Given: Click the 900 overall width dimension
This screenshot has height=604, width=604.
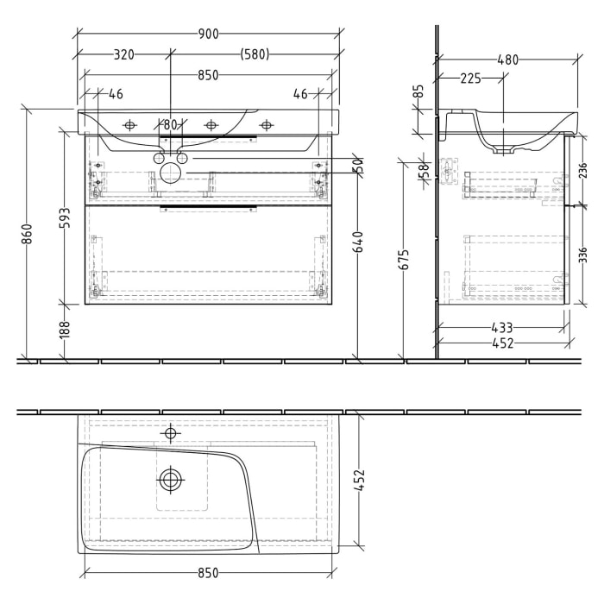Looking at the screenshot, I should [x=207, y=34].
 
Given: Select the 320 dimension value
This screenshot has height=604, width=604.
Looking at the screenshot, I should [x=123, y=54].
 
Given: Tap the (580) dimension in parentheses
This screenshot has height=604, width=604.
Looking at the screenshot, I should [x=255, y=54].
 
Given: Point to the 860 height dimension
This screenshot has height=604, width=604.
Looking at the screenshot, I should [x=27, y=234].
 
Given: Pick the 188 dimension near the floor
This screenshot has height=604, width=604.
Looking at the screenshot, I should [x=64, y=329].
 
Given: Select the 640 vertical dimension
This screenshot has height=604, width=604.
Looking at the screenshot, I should [x=357, y=243].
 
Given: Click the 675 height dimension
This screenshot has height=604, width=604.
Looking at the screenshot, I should [x=405, y=259].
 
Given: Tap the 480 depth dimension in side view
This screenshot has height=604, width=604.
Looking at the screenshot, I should [x=508, y=60].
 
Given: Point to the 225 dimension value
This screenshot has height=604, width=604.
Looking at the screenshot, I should [x=470, y=79].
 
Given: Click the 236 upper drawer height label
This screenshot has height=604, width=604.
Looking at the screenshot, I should [x=584, y=170].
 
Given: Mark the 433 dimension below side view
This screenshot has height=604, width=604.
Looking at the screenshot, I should [x=502, y=328].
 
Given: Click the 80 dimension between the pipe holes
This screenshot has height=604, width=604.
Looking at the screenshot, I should [x=170, y=126].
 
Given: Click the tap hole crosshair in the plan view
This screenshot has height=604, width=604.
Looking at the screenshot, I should [x=171, y=432].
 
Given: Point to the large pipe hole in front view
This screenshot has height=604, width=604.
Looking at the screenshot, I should [x=171, y=173].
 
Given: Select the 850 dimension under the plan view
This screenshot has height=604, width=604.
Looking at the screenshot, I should [x=207, y=573].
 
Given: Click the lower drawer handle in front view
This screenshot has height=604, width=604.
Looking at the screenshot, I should [x=207, y=207].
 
